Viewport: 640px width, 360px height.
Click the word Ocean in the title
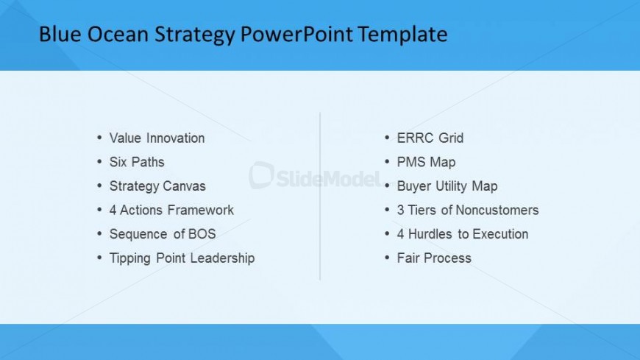[118, 34]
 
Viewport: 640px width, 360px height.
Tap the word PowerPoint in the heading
[296, 34]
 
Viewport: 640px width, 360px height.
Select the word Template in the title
[403, 35]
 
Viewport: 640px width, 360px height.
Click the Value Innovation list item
[157, 138]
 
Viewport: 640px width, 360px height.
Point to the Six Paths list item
[137, 162]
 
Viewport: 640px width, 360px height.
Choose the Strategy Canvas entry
[157, 186]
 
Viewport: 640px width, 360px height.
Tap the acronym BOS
[202, 234]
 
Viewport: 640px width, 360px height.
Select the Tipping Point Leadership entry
[182, 258]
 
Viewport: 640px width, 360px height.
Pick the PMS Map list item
[426, 162]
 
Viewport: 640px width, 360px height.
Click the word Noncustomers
[497, 210]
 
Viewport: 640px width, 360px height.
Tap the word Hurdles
[430, 234]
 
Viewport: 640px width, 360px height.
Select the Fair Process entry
[434, 258]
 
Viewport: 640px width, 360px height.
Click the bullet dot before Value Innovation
[99, 138]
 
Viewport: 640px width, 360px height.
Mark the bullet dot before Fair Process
[388, 258]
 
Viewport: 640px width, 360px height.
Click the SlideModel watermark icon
[261, 175]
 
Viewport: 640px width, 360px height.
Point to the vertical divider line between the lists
[320, 196]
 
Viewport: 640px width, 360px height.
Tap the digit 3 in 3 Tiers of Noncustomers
[400, 210]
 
